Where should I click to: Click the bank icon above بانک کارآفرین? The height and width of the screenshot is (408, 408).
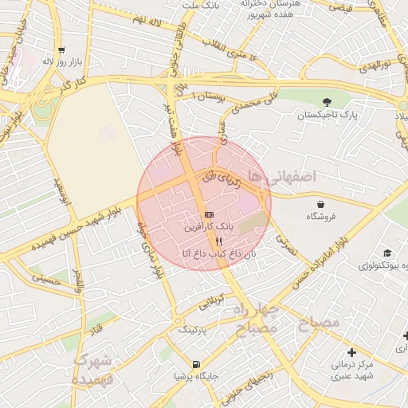tap(209, 215)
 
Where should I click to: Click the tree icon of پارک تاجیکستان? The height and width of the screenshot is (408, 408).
tap(327, 101)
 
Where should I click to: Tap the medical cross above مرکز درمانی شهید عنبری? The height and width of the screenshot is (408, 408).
tap(352, 351)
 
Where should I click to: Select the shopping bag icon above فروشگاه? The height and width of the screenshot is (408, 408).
tap(320, 204)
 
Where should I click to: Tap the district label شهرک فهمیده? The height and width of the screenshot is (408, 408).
tap(93, 370)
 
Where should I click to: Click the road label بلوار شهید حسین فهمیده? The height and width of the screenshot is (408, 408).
tap(77, 226)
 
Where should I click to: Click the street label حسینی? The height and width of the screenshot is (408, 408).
tap(46, 278)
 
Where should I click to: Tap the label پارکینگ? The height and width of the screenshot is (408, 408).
tap(191, 328)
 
